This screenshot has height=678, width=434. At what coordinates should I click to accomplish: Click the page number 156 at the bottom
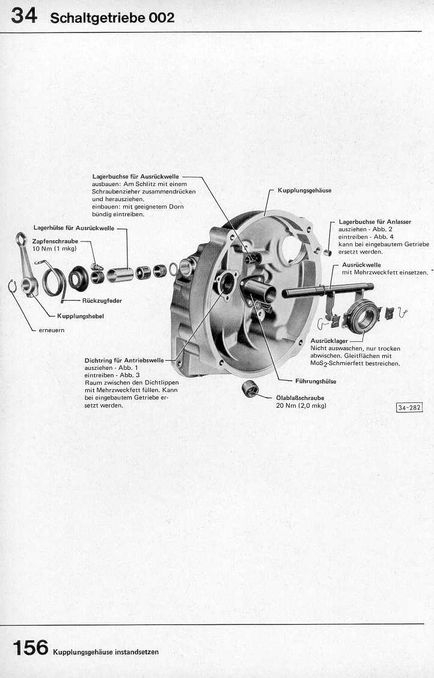pyautogui.click(x=30, y=647)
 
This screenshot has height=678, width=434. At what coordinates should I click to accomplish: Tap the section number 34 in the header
pyautogui.click(x=24, y=16)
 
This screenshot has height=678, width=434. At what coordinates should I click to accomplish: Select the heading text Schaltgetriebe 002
pyautogui.click(x=112, y=18)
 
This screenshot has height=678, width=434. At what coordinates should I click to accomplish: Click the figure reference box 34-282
pyautogui.click(x=409, y=408)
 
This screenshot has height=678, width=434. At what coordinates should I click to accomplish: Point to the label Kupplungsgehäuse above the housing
pyautogui.click(x=304, y=190)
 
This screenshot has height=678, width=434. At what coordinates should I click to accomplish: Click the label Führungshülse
pyautogui.click(x=316, y=381)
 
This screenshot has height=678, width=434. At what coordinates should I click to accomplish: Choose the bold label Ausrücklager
pyautogui.click(x=325, y=341)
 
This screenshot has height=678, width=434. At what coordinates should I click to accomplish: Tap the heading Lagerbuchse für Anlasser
pyautogui.click(x=374, y=222)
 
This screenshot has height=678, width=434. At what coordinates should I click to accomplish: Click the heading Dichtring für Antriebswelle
pyautogui.click(x=123, y=360)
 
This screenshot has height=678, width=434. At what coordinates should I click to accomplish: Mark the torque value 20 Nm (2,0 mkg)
pyautogui.click(x=301, y=405)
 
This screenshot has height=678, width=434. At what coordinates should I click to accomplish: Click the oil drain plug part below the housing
pyautogui.click(x=249, y=390)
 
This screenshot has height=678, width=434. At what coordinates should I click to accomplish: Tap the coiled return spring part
pyautogui.click(x=52, y=278)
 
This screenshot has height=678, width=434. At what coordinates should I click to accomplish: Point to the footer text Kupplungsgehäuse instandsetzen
pyautogui.click(x=106, y=652)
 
